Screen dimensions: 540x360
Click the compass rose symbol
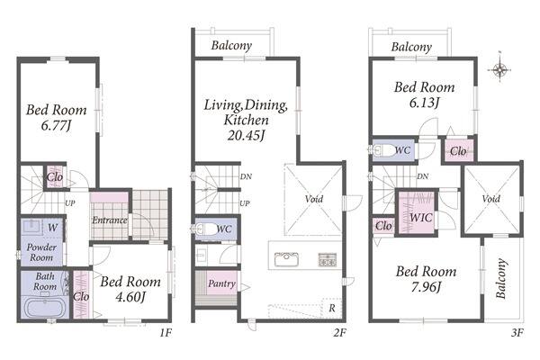pos(499,69)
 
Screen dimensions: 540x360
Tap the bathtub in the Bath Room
pos(46,307)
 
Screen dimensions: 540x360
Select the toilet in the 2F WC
pos(205,229)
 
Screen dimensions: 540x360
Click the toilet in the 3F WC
pos(383,150)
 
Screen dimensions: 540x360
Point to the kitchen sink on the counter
pos(286,259)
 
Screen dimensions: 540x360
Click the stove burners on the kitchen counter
pos(328,259)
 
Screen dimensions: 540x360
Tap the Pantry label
pos(222,283)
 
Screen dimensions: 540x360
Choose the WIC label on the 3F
pos(420,218)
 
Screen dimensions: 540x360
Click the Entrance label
pos(110,220)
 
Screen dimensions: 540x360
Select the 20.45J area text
pos(246,135)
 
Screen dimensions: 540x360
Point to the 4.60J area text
pos(130,297)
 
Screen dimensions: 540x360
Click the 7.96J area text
pos(426,286)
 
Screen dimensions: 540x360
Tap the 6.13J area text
pos(424,103)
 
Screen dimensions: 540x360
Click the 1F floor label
pos(166,333)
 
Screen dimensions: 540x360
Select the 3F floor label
pos(517,333)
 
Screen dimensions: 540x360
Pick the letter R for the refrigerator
pos(331,308)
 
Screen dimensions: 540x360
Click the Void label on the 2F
pos(314,199)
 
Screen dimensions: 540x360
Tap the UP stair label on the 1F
pos(70,203)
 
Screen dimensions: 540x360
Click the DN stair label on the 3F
pos(423,176)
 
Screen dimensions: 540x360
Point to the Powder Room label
pos(41,252)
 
